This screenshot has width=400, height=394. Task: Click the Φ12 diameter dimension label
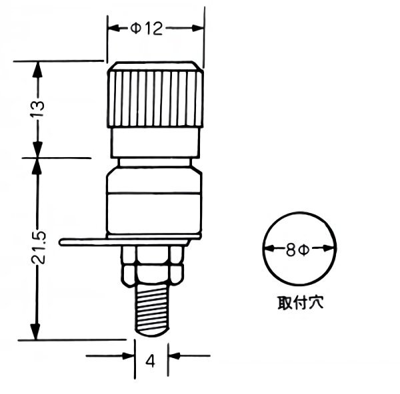pos(146,28)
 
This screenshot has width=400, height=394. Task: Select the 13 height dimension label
pos(37,108)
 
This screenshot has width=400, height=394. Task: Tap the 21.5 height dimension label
pos(38,248)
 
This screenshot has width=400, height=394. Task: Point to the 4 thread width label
pos(151,361)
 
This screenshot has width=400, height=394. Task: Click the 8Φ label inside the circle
pos(297,250)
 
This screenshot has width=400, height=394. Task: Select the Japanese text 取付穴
pos(301,303)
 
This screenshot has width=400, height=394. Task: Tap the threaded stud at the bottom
pos(152,310)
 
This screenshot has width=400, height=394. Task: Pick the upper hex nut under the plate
pos(153,256)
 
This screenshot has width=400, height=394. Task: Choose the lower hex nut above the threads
pos(153,275)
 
